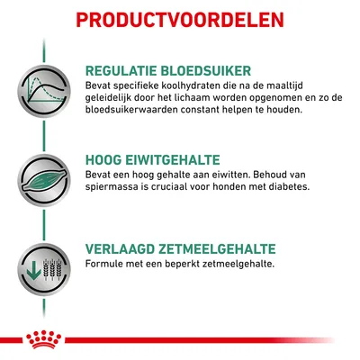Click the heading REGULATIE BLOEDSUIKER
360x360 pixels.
point(167,70)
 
